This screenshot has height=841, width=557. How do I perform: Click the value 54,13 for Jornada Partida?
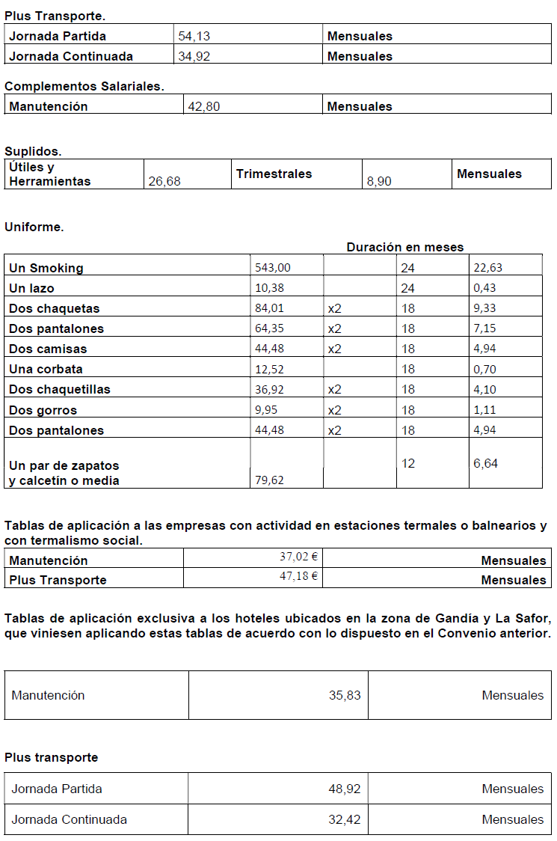[194, 36]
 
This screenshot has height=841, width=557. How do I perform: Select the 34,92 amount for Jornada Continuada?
[194, 56]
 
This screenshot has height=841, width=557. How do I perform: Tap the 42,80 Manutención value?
[204, 106]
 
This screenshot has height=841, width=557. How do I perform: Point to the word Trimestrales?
[274, 174]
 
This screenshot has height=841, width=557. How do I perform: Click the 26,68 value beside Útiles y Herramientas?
[164, 181]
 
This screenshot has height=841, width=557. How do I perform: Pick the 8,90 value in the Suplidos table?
[379, 181]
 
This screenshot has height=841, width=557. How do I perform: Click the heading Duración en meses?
[404, 247]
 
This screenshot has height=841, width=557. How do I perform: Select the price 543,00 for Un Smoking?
[273, 268]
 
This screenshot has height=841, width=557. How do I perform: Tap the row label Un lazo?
[31, 288]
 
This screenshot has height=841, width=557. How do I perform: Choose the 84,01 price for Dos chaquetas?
[269, 308]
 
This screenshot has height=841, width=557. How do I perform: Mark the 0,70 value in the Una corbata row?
[484, 369]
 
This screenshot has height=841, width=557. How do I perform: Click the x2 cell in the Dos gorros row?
[334, 410]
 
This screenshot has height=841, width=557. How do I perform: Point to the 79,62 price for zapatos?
[269, 480]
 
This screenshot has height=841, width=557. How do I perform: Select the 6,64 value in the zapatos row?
[485, 463]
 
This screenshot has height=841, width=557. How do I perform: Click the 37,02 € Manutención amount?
[299, 557]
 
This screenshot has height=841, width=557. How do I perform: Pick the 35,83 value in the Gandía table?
[345, 695]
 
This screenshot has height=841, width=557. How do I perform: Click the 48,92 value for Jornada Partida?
[345, 789]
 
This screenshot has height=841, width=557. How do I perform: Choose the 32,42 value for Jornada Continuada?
[345, 819]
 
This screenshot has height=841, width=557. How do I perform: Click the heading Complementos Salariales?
[84, 86]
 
